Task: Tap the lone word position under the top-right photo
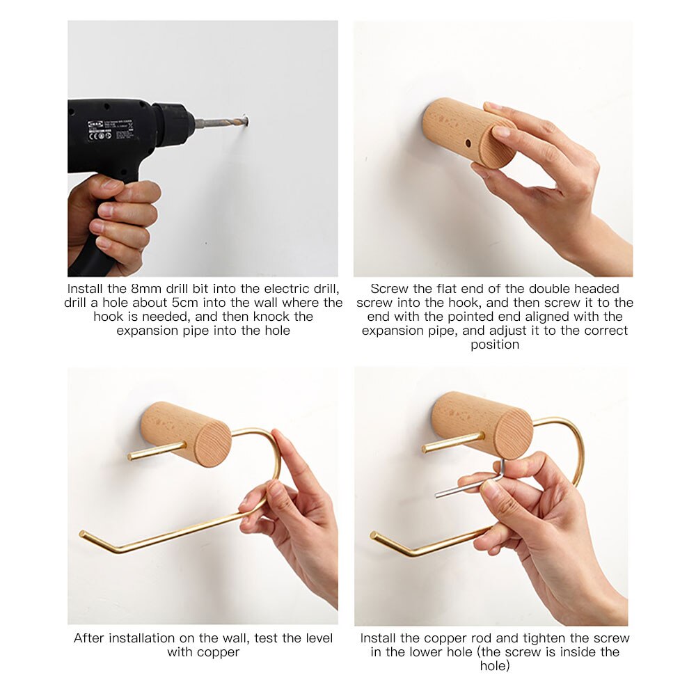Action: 494,345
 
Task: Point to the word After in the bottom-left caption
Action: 90,638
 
